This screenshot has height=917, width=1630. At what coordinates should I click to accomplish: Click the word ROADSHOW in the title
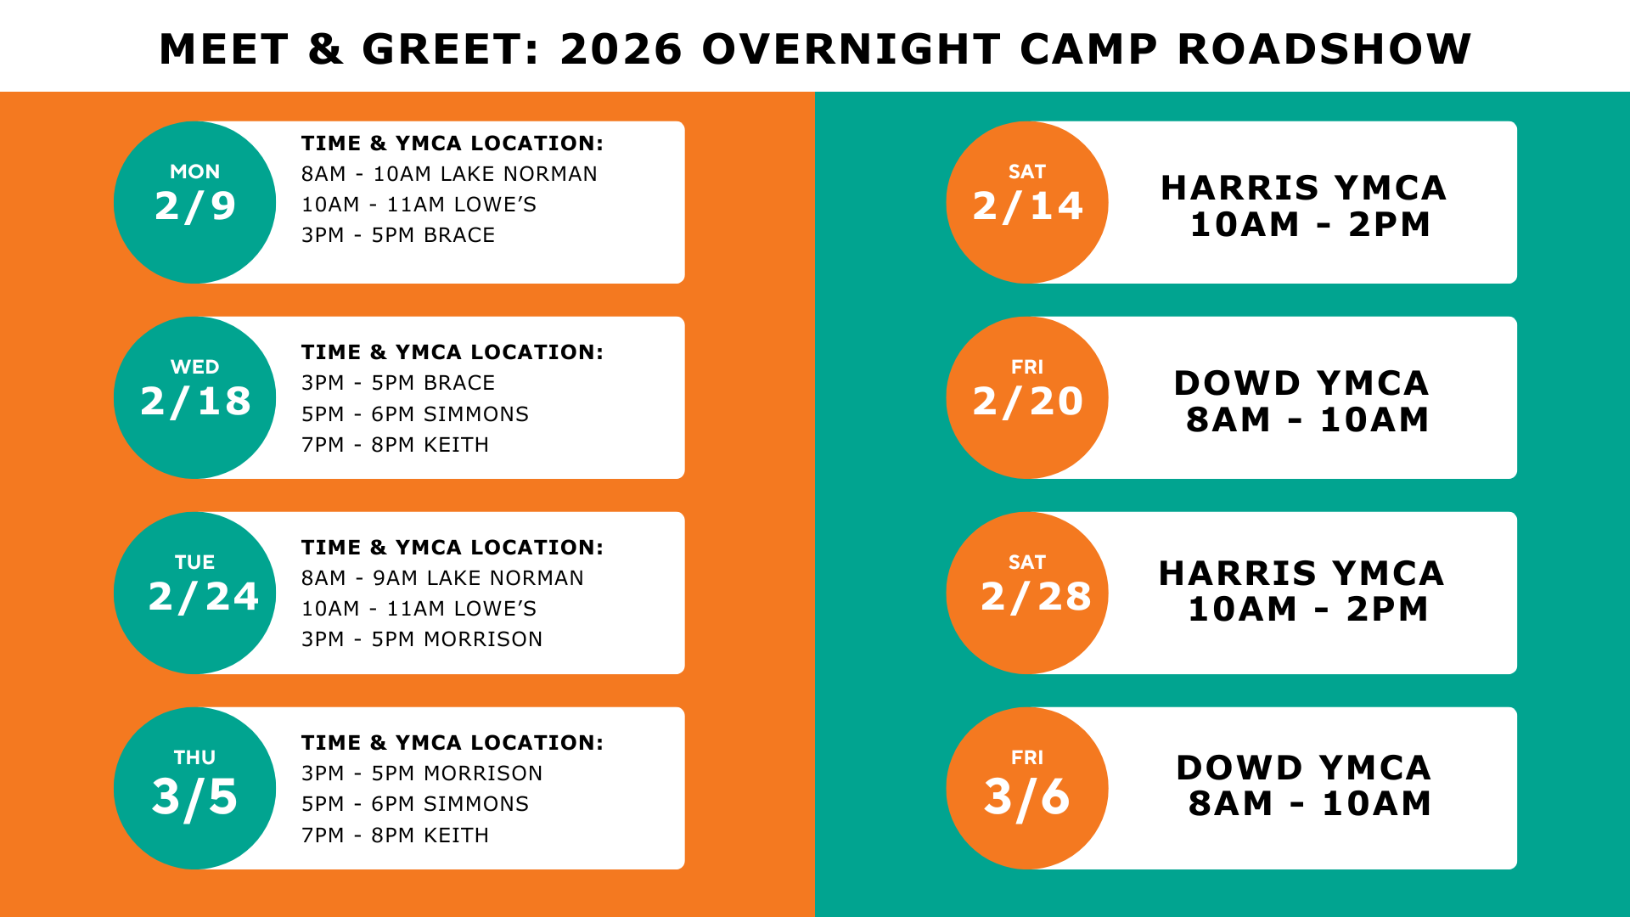click(1324, 49)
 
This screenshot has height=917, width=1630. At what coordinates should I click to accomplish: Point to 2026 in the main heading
click(621, 49)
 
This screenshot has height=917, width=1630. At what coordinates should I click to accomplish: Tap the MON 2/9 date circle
click(194, 202)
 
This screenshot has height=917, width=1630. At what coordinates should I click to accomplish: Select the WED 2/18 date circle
click(194, 397)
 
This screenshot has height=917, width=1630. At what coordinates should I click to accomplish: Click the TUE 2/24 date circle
click(194, 593)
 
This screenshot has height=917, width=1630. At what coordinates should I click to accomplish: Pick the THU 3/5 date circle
click(194, 788)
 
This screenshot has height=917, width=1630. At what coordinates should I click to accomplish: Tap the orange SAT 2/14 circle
click(1027, 202)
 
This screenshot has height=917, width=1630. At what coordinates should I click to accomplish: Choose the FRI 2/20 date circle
click(1027, 397)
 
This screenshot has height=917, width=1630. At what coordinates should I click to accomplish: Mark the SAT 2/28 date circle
click(1027, 593)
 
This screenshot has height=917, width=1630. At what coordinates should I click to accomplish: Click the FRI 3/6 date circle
click(1027, 788)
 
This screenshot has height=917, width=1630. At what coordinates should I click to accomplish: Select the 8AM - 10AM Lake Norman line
click(449, 174)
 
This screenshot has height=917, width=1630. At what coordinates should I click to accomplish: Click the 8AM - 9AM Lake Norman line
click(442, 578)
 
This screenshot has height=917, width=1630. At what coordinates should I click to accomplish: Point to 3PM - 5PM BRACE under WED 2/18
click(398, 383)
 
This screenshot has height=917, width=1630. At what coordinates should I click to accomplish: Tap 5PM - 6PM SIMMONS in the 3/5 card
click(415, 804)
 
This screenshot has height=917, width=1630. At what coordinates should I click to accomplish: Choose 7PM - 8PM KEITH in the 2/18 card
click(395, 445)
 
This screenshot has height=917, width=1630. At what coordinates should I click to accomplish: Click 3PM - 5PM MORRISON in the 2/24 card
click(422, 639)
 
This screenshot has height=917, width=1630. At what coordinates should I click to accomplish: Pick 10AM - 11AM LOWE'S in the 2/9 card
click(419, 205)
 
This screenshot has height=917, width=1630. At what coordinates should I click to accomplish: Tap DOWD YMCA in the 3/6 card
click(1304, 768)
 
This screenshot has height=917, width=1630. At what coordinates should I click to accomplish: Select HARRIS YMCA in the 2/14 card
click(1304, 188)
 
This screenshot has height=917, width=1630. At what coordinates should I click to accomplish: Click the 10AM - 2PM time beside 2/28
click(1309, 609)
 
